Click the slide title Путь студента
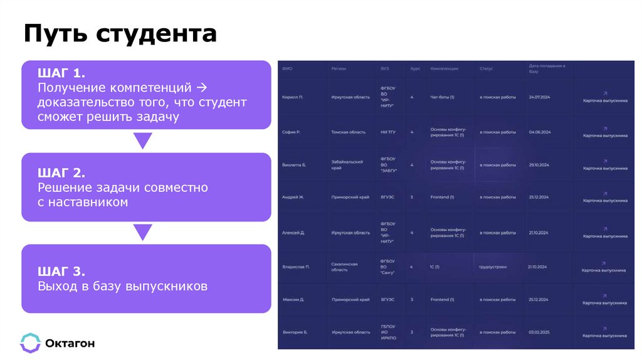coord(120,34)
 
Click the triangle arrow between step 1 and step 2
coord(143,140)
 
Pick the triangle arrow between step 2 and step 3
coord(143,232)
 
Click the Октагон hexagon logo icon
coord(30,342)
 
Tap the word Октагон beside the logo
coord(70,343)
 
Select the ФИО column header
coord(287,68)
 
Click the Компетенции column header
coord(444,68)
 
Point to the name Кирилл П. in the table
coord(292,98)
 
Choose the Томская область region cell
coord(348,132)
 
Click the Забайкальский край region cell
coord(347,165)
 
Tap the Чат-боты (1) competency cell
coord(442,98)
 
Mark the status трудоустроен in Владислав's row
coord(493,267)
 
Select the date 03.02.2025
coord(539,332)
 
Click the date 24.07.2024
coord(539,98)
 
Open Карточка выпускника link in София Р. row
coord(604,135)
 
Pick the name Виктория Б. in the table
coord(295,332)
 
